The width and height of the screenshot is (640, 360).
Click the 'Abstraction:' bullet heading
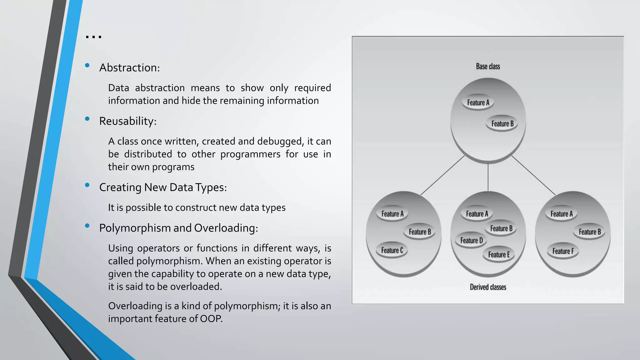[x=129, y=68]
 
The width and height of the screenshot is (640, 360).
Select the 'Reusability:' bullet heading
[x=127, y=121]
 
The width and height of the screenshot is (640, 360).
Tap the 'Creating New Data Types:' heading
[x=163, y=187]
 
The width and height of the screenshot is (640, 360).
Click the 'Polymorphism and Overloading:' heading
[x=178, y=228]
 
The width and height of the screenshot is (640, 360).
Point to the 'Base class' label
[x=488, y=67]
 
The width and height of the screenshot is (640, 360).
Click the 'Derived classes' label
[x=488, y=287]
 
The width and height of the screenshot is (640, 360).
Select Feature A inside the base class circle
[x=478, y=102]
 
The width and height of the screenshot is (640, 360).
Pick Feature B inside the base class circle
[x=502, y=124]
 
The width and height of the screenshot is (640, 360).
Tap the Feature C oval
[x=392, y=250]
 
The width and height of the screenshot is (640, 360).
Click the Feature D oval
[x=471, y=240]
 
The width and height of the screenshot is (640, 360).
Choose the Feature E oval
[x=499, y=255]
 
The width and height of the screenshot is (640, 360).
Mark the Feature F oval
[x=563, y=251]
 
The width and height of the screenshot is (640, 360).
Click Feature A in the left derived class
[x=392, y=214]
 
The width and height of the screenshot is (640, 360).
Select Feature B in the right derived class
[x=590, y=232]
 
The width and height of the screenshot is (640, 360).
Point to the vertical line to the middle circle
[x=488, y=177]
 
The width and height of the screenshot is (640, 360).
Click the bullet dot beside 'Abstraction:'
[x=87, y=65]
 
